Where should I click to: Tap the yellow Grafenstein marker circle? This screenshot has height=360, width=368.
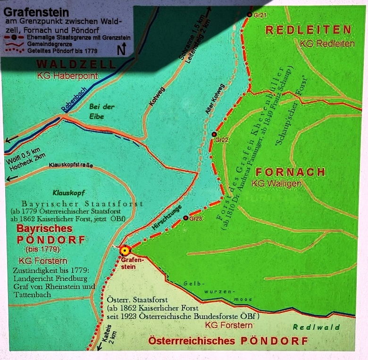pyautogui.click(x=125, y=251)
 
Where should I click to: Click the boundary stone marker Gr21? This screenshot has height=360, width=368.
pyautogui.click(x=250, y=14)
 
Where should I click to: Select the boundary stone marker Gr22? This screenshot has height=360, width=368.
pyautogui.click(x=214, y=134)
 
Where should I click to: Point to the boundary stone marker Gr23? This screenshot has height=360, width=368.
pyautogui.click(x=186, y=218)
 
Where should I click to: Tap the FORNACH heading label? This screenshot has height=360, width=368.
pyautogui.click(x=290, y=172)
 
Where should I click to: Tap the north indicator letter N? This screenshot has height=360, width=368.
pyautogui.click(x=121, y=49)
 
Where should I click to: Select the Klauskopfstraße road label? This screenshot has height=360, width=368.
pyautogui.click(x=71, y=165)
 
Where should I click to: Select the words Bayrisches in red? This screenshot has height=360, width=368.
pyautogui.click(x=45, y=229)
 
